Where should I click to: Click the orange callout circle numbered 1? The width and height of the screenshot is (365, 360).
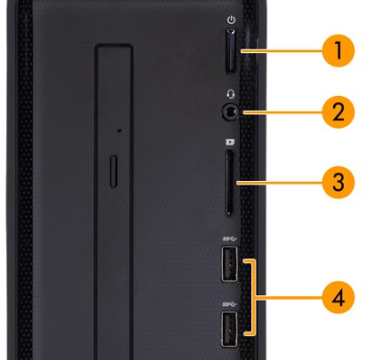(x=339, y=50)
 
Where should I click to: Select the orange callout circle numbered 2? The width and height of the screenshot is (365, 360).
(x=339, y=111)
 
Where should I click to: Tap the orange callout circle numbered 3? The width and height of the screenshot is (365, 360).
(x=339, y=182)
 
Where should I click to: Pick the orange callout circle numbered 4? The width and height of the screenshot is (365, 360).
(x=339, y=297)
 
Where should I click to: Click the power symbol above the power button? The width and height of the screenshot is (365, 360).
(x=232, y=20)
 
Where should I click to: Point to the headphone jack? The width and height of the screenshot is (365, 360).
(x=230, y=112)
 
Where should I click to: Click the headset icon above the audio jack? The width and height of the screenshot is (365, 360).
(x=231, y=94)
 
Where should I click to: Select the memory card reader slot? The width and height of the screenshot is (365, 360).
(x=230, y=183)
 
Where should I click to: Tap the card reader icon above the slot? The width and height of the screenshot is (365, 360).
(x=230, y=142)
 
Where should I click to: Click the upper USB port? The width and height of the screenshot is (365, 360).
(x=229, y=263)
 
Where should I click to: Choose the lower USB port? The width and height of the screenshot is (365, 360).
(x=229, y=329)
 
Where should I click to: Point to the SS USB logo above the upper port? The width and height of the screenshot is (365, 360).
(x=230, y=238)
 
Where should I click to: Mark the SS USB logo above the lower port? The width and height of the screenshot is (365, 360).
(x=230, y=304)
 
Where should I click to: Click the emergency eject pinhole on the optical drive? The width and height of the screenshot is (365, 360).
(x=120, y=131)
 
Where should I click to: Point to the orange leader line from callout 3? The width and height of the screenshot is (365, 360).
(x=279, y=183)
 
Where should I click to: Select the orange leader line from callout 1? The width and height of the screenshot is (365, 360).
(x=281, y=51)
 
